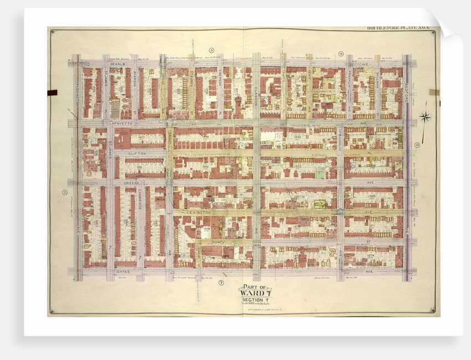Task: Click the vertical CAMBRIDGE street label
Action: tap(141, 197)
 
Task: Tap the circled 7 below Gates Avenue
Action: tap(221, 283)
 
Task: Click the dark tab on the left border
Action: tap(53, 92)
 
